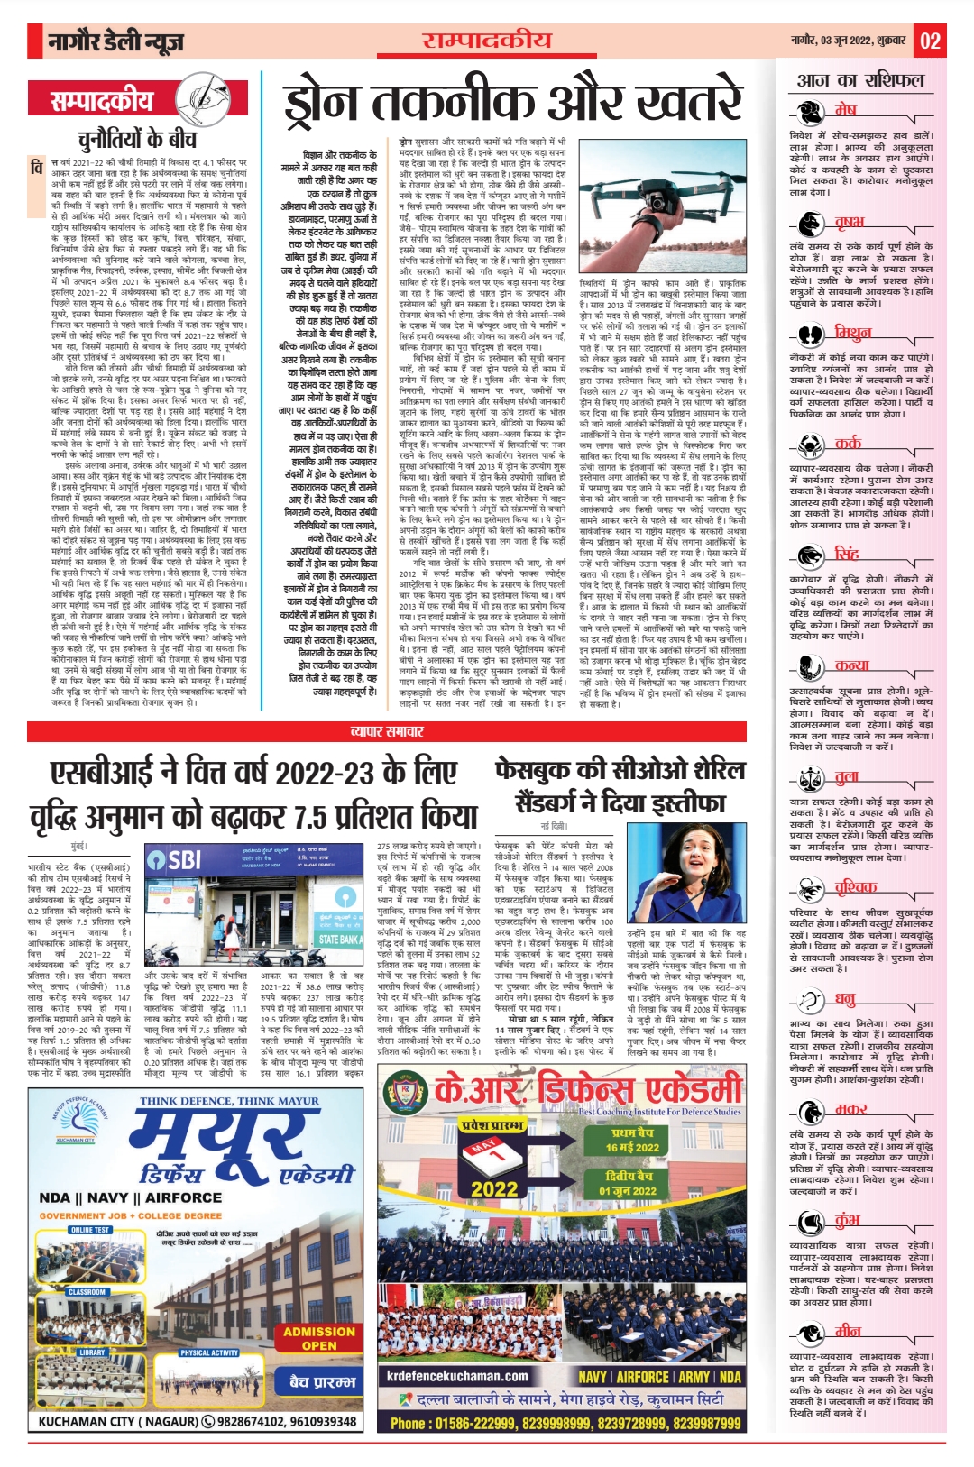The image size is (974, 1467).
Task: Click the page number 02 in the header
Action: point(931,41)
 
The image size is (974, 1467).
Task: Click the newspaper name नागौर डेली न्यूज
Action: point(117,41)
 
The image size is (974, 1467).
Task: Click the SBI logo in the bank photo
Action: point(174,859)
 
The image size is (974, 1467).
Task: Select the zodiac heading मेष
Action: point(845,110)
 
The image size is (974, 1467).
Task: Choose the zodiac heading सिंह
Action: point(847,554)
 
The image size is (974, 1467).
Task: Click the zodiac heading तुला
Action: point(847,777)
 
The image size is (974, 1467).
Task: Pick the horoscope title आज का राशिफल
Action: point(860,80)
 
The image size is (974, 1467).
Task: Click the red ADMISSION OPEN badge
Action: point(319,1338)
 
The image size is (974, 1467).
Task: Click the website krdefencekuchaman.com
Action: point(457,1376)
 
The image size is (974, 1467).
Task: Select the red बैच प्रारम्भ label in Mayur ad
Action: point(322,1381)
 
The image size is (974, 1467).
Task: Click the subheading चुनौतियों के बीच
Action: point(136,138)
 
